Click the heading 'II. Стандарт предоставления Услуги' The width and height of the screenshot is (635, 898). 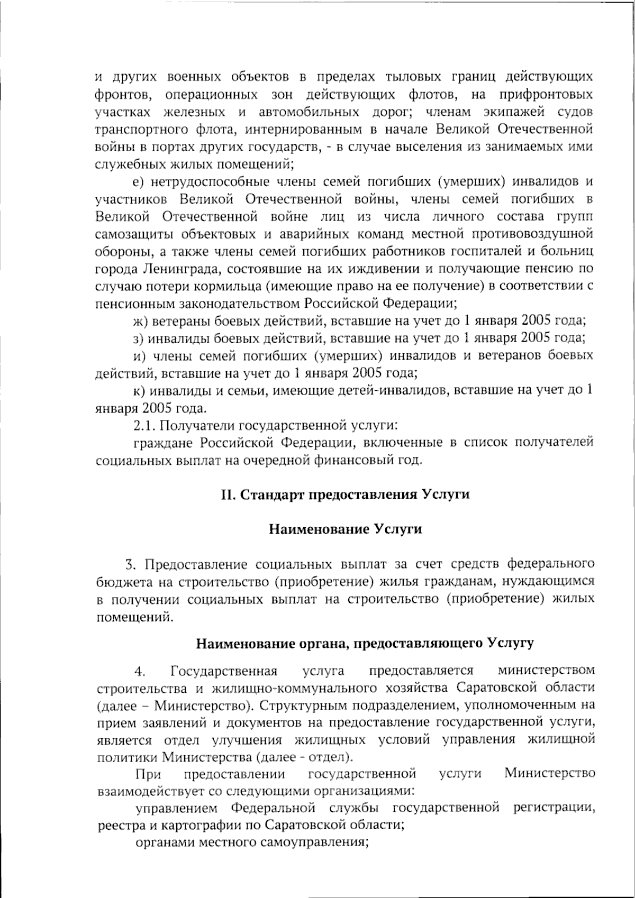[x=345, y=494]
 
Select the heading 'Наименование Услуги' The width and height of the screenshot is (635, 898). [x=346, y=529]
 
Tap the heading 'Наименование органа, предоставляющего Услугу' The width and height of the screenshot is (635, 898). [x=365, y=644]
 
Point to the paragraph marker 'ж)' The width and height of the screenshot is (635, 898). [x=139, y=320]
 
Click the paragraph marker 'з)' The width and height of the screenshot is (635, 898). [x=138, y=338]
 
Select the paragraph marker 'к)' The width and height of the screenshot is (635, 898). [x=139, y=390]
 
